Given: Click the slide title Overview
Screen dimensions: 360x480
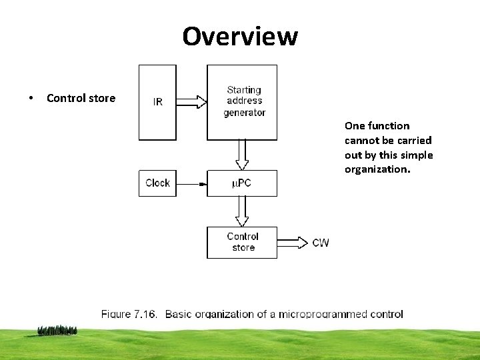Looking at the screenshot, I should point(240,36).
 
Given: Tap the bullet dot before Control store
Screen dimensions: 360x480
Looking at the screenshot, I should point(31,99).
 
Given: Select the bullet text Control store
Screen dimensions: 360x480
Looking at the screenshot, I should point(81,98).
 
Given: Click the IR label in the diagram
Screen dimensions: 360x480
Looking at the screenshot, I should point(157,102).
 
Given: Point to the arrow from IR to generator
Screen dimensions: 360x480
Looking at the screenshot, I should point(192,102).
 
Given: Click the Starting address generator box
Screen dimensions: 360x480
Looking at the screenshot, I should point(242,102).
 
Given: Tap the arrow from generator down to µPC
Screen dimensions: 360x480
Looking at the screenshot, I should point(242,155).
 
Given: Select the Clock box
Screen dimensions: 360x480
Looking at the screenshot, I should point(157,183).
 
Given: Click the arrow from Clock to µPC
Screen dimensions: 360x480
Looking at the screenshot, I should point(191,183).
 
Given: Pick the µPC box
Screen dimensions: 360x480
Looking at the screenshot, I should point(242,183).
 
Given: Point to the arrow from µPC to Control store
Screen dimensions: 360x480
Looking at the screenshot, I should point(242,211).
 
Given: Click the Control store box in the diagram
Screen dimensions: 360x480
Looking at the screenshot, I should point(242,242).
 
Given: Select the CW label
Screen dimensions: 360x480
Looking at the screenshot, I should point(321,242).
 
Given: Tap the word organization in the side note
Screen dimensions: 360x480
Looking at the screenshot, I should point(377,169).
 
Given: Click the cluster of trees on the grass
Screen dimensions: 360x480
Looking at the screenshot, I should point(57,329).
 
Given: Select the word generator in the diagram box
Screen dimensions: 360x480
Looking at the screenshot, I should point(245,113).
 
